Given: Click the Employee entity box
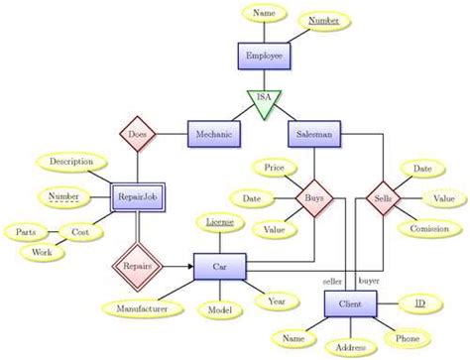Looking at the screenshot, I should click(264, 56).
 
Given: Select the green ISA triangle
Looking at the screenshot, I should click(264, 102).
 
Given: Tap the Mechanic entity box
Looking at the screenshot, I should click(213, 133).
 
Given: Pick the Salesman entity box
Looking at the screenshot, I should click(314, 133).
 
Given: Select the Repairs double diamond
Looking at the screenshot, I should click(137, 266).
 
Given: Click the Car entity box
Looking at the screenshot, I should click(219, 266).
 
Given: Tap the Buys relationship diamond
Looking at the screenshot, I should click(313, 198).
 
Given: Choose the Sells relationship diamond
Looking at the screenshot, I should click(383, 198).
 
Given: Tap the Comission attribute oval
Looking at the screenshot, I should click(429, 229).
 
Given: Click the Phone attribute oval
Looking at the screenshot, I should click(408, 338).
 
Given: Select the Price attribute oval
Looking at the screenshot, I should click(275, 170).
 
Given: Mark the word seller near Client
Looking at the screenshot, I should click(331, 281).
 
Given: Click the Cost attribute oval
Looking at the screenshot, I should click(79, 231).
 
